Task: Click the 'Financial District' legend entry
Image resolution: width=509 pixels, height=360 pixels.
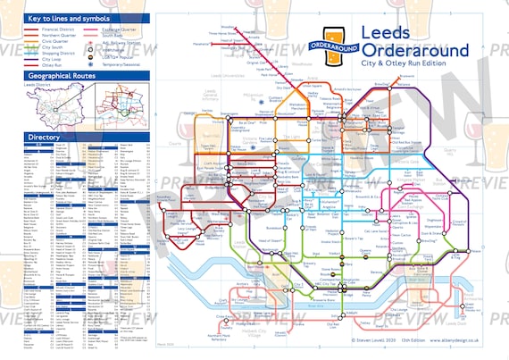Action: pos(53,29)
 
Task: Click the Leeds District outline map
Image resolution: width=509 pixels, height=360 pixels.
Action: pos(49,107)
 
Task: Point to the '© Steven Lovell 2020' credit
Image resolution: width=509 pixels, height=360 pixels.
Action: pos(358,340)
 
